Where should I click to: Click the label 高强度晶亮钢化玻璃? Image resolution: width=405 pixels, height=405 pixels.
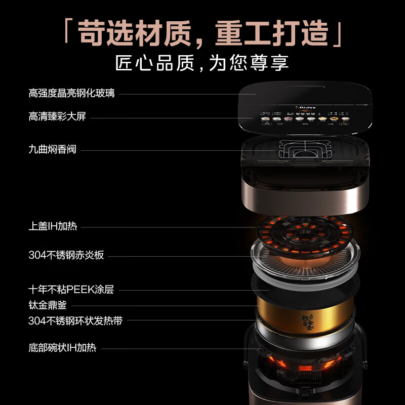point(71,93)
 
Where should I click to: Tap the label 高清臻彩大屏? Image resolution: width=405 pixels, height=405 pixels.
point(57,117)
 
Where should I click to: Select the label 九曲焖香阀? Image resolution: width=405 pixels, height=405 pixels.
point(52,149)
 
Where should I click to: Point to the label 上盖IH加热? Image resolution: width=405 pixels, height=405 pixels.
point(53,226)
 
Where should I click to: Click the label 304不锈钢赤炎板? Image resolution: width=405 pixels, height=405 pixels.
point(66,255)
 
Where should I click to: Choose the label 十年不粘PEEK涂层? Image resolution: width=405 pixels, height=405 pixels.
point(71,290)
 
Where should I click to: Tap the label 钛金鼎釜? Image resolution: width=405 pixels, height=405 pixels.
point(48,305)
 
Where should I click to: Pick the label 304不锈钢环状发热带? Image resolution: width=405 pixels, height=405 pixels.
point(75,320)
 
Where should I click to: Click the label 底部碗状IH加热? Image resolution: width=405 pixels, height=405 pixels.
point(62,348)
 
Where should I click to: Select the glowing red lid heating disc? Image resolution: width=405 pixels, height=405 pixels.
point(304,235)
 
